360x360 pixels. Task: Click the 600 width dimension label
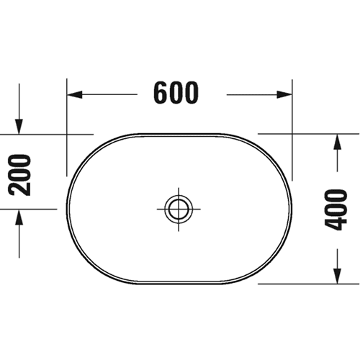[x=176, y=93]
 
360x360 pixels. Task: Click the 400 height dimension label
[x=336, y=210]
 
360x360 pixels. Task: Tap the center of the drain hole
[x=179, y=209]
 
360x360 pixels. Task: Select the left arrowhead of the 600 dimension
[x=75, y=94]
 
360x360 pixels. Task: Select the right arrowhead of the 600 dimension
[x=284, y=94]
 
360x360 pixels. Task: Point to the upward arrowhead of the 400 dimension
[x=338, y=142]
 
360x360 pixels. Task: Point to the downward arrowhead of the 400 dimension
[x=338, y=276]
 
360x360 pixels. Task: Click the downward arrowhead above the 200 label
[x=19, y=127]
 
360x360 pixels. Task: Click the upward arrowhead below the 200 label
[x=19, y=217]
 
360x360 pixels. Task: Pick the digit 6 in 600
[x=161, y=93]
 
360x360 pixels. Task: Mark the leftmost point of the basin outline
[x=67, y=209]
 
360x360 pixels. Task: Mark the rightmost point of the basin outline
[x=292, y=209]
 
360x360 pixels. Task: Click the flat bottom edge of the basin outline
[x=179, y=284]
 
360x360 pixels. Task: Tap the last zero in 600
[x=192, y=93]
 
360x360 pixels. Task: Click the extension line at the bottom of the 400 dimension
[x=308, y=284]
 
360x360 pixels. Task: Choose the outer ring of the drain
[x=179, y=195]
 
